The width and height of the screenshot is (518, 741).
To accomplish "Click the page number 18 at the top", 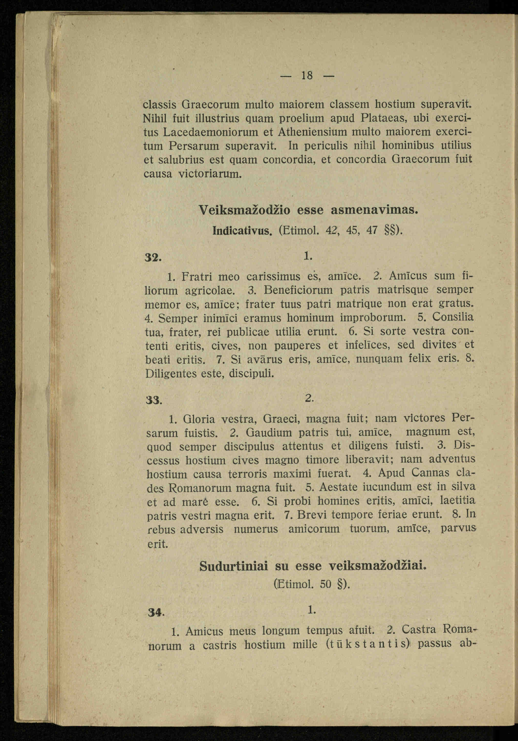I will pyautogui.click(x=307, y=76).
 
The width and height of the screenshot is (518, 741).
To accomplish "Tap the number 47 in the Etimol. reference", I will pyautogui.click(x=373, y=230).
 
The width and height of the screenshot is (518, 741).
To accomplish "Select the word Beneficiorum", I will pyautogui.click(x=298, y=290).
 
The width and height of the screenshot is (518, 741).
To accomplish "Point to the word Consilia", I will pyautogui.click(x=453, y=317).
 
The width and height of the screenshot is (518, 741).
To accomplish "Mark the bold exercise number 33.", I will pyautogui.click(x=154, y=400).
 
